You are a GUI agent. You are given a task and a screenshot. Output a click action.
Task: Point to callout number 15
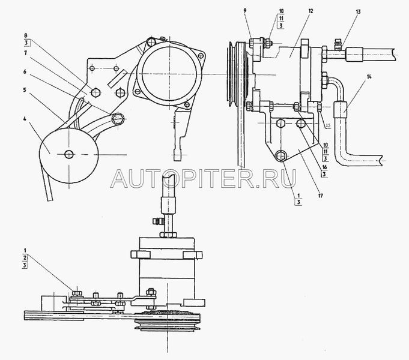tap(328, 125)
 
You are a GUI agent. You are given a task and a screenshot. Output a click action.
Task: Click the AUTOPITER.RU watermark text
tap(204, 175)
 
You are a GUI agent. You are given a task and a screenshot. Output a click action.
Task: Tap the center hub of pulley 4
tap(70, 154)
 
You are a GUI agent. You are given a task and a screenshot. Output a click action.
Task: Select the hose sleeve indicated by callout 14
tap(342, 111)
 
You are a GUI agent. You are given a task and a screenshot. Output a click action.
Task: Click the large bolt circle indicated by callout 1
tap(281, 157)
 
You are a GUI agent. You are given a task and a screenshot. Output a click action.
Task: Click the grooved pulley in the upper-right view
tap(232, 72)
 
